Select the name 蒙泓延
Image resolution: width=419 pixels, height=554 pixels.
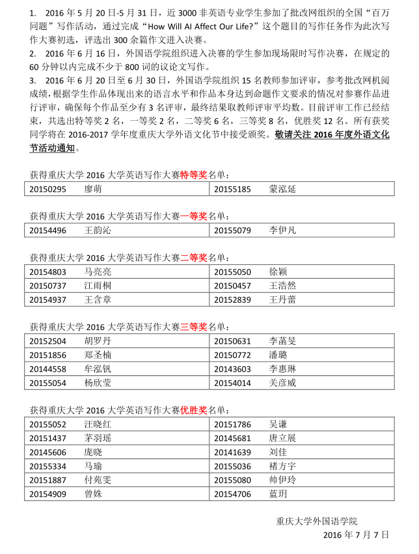[x=282, y=189]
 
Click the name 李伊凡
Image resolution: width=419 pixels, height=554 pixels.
[x=282, y=230]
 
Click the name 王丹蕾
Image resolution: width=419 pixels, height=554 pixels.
[x=282, y=299]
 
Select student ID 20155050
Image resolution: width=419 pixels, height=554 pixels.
[x=232, y=271]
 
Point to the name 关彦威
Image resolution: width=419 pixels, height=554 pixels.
[x=282, y=383]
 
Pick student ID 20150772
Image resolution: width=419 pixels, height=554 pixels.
[x=232, y=355]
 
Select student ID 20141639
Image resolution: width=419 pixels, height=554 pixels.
[x=232, y=452]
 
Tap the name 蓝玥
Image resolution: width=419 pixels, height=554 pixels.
[x=278, y=494]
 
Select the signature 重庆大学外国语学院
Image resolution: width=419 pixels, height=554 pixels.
[x=317, y=521]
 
